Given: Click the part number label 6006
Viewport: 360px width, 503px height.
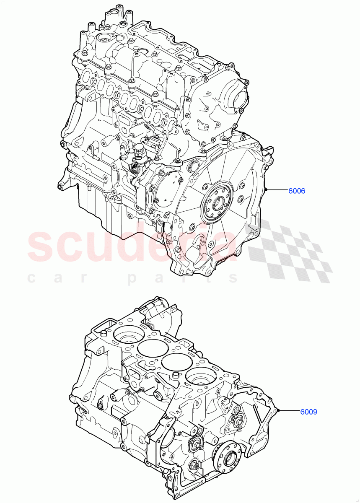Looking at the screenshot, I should click(296, 191).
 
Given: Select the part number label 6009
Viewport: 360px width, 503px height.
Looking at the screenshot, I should click(308, 412).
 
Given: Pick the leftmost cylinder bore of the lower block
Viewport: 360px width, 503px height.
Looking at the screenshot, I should click(129, 335).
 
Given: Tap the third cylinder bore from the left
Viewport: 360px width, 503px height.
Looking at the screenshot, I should click(176, 362).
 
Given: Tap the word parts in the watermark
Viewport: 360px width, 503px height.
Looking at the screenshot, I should click(184, 277).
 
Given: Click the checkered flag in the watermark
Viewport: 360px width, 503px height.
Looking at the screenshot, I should click(289, 251).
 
